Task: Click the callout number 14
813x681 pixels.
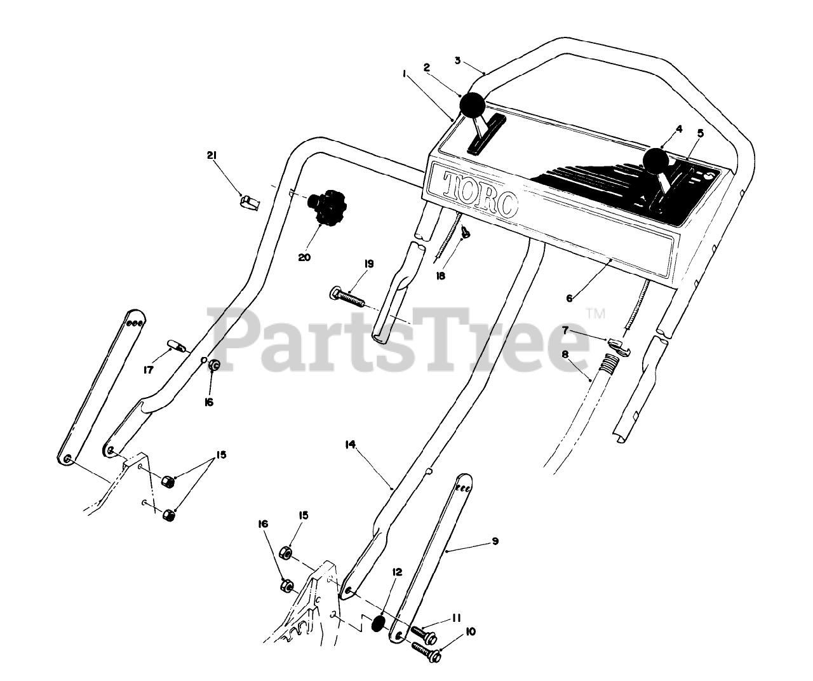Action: pos(349,445)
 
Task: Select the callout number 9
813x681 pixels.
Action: pos(495,541)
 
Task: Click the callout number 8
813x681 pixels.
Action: pos(565,354)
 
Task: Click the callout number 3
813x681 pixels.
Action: pos(457,60)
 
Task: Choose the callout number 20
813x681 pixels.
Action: pos(306,257)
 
